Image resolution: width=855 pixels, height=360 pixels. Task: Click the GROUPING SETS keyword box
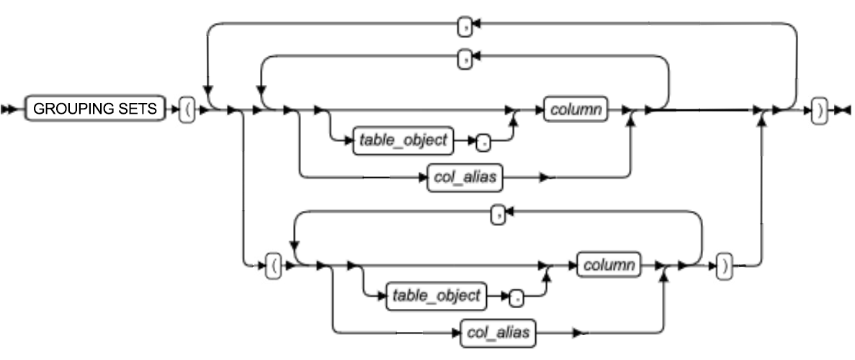coord(94,110)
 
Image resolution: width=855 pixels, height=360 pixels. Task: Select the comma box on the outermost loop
coord(465,27)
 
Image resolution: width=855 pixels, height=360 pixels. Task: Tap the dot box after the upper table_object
coord(485,143)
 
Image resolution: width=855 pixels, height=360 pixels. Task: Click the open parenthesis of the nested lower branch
coord(272,266)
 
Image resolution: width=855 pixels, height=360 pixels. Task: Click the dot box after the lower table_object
coord(516,296)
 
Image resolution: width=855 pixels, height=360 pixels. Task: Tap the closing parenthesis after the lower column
coord(725,266)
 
